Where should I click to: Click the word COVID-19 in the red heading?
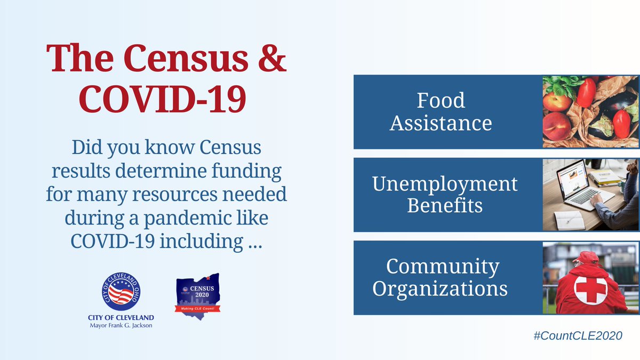166,99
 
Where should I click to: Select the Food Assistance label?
441,112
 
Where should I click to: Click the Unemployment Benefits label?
445,195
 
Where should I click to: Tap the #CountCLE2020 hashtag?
578,337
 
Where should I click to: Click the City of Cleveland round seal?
121,293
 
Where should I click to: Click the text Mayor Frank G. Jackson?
121,326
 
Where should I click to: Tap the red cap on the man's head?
588,256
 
